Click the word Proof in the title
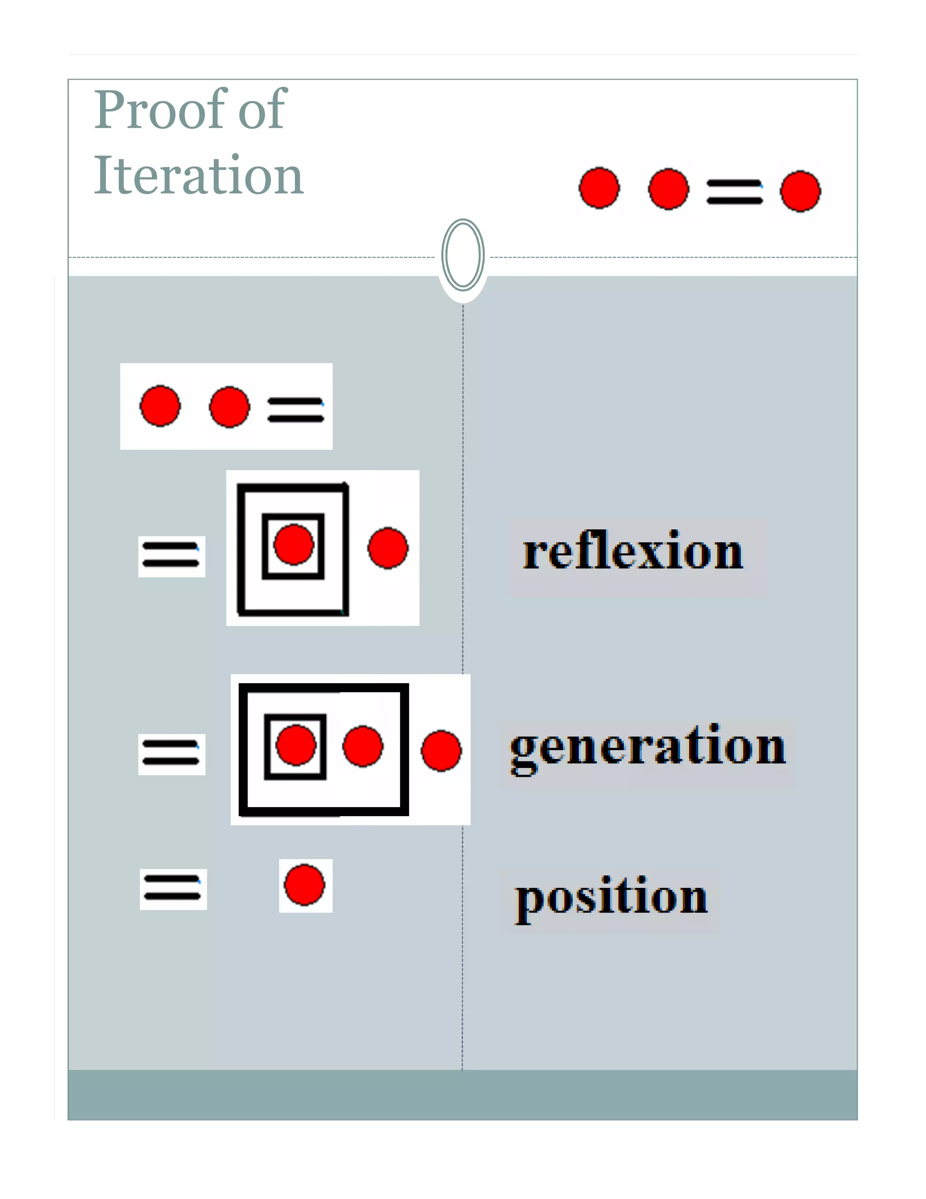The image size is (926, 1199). pyautogui.click(x=159, y=110)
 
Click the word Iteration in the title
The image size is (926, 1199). pyautogui.click(x=198, y=176)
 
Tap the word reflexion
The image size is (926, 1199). pyautogui.click(x=633, y=552)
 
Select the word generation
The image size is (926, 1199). pyautogui.click(x=647, y=748)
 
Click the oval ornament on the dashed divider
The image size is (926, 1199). pyautogui.click(x=463, y=255)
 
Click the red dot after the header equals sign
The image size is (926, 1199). pyautogui.click(x=800, y=191)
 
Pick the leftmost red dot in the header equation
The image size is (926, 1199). pyautogui.click(x=599, y=188)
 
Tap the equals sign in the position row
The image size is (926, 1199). pyautogui.click(x=173, y=888)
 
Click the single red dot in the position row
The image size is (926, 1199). pyautogui.click(x=304, y=885)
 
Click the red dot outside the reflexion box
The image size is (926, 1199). pyautogui.click(x=388, y=548)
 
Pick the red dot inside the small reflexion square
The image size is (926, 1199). pyautogui.click(x=293, y=545)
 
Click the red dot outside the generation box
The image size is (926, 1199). pyautogui.click(x=441, y=751)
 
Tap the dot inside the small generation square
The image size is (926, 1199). pyautogui.click(x=296, y=745)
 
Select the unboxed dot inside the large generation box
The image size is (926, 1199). pyautogui.click(x=363, y=746)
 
